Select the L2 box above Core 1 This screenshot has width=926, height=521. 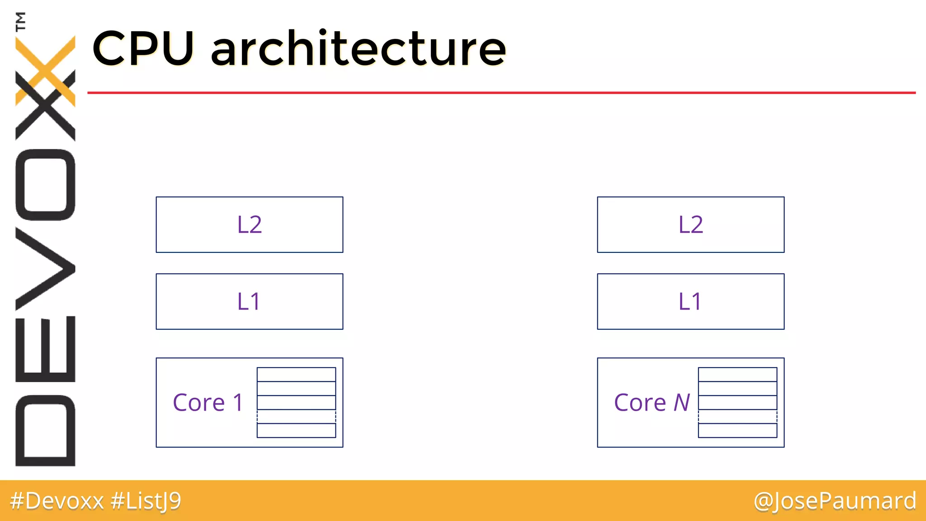(x=250, y=225)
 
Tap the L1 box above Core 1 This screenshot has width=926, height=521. (x=250, y=302)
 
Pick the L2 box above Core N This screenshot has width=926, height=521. (x=690, y=225)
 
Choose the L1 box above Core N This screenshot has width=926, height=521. (x=690, y=302)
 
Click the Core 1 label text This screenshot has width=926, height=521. (x=208, y=403)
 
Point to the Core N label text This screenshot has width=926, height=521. (x=652, y=403)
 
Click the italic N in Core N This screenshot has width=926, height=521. (x=681, y=403)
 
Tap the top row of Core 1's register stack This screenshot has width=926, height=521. (x=296, y=375)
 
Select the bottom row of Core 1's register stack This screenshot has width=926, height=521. (x=296, y=431)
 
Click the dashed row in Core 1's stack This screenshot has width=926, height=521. (x=296, y=417)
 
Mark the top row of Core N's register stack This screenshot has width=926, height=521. (x=737, y=375)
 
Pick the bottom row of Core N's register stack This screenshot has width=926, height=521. (x=737, y=431)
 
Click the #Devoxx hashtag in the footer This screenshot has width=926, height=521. (x=57, y=501)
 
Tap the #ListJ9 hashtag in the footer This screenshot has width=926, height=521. (x=146, y=501)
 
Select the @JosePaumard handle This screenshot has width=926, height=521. (x=835, y=501)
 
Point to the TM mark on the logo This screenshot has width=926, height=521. (x=20, y=21)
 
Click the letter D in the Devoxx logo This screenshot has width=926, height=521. (x=45, y=430)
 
